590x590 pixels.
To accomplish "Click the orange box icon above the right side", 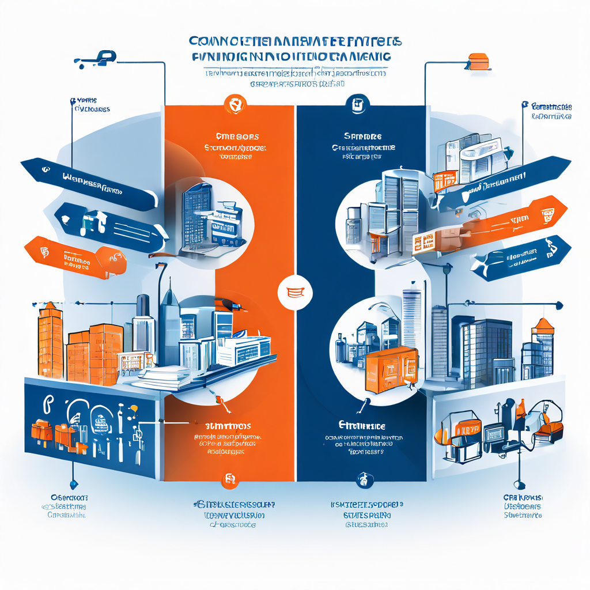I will coord(478,61).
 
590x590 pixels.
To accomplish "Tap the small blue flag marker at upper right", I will coord(524,104).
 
